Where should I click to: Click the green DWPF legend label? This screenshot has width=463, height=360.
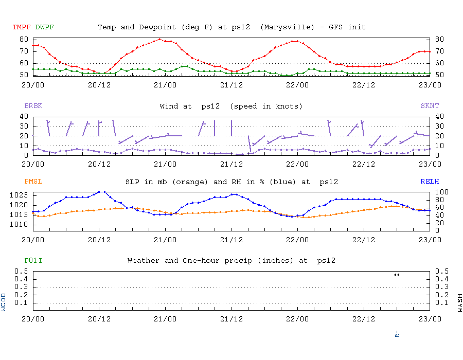click(x=44, y=27)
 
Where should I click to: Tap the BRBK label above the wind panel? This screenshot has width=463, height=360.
click(x=33, y=106)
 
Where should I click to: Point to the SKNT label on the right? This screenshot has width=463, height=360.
click(x=430, y=106)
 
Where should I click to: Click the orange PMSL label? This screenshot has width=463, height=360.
click(x=33, y=182)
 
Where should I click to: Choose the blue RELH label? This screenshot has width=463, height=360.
click(x=430, y=182)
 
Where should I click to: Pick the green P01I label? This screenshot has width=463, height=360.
click(x=33, y=261)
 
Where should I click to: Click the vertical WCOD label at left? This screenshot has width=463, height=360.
click(x=4, y=302)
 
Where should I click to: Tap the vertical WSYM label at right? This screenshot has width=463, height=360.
click(x=459, y=302)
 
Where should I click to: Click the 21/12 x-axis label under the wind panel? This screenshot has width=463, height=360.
click(x=232, y=165)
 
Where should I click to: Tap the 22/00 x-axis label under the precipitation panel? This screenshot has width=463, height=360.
click(x=298, y=319)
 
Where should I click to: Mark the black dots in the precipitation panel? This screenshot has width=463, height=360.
click(x=397, y=275)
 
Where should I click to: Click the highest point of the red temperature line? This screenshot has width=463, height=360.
click(x=159, y=39)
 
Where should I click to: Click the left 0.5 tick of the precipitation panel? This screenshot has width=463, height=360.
click(x=22, y=271)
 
